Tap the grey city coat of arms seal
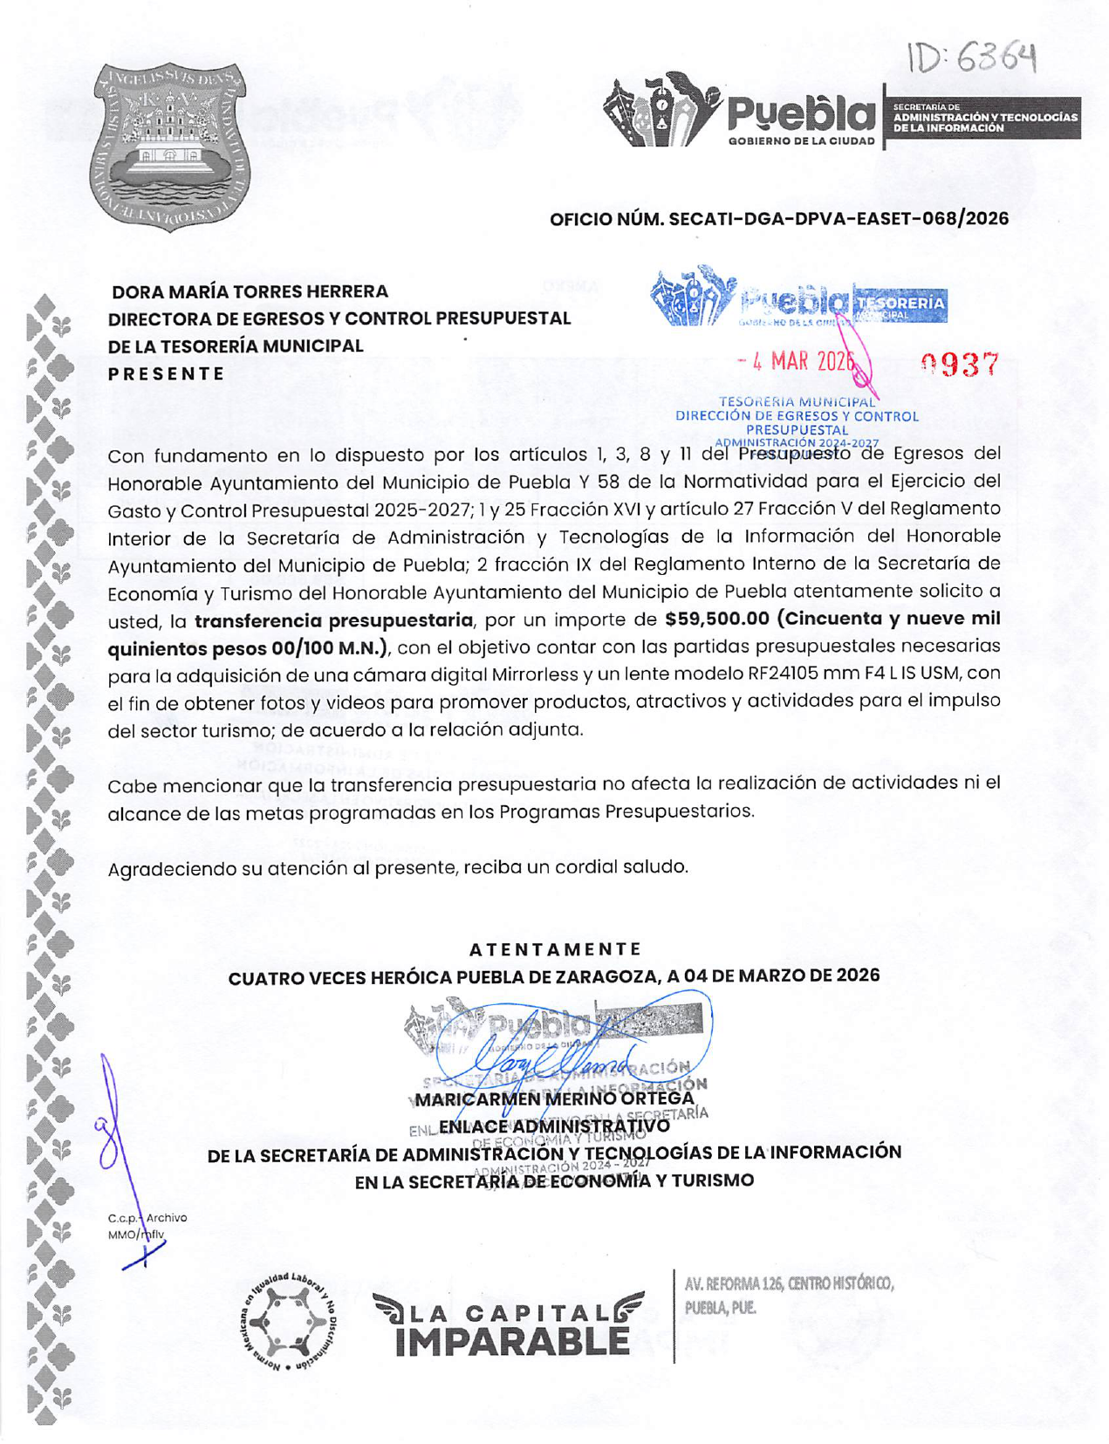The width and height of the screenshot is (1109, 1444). tap(169, 146)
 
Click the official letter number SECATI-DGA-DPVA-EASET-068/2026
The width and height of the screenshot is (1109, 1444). tap(778, 218)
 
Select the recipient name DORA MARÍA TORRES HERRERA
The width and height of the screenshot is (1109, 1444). tap(250, 291)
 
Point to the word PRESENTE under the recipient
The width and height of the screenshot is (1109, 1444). tap(167, 373)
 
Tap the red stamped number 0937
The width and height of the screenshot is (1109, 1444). tap(959, 364)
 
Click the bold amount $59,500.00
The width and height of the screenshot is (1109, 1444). tap(716, 619)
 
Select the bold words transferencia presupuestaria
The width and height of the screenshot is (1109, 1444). tap(333, 620)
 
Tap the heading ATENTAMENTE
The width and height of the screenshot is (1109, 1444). tap(555, 949)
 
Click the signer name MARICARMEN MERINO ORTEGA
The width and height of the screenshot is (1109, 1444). tap(555, 1098)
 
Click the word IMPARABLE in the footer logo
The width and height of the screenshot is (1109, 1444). tap(512, 1342)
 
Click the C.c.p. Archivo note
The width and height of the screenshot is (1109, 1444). tap(147, 1218)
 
